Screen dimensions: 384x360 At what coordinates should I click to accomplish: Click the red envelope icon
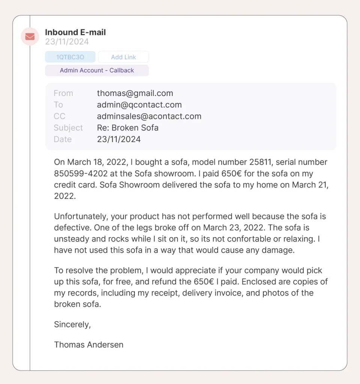click(30, 36)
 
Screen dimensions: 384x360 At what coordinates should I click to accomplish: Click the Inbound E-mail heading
click(75, 33)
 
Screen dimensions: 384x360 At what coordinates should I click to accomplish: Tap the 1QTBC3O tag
click(70, 57)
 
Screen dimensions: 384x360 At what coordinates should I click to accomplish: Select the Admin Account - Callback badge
click(97, 70)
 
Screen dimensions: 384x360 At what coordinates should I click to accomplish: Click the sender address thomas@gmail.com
click(135, 93)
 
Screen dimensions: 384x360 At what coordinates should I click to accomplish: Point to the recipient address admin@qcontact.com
click(139, 105)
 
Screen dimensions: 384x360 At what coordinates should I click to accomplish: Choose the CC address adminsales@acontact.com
click(149, 116)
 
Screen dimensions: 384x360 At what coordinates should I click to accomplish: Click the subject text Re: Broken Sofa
click(128, 128)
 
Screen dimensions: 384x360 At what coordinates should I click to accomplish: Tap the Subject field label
click(68, 128)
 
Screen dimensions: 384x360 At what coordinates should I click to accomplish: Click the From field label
click(63, 93)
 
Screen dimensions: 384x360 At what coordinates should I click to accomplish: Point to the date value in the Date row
click(119, 139)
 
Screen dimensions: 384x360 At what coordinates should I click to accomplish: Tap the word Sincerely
click(72, 324)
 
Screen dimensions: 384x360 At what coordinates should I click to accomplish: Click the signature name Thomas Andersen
click(89, 345)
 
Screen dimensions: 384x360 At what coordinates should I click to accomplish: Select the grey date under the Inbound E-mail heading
click(67, 42)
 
